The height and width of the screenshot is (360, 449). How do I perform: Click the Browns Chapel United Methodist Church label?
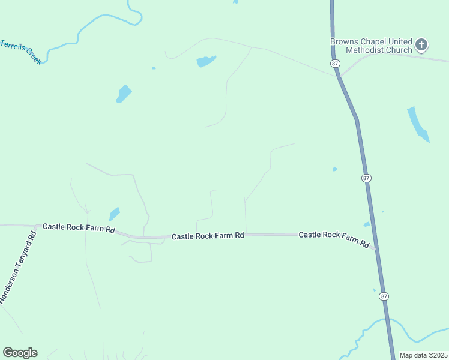click(x=371, y=46)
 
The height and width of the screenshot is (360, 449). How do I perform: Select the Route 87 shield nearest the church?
click(x=334, y=63)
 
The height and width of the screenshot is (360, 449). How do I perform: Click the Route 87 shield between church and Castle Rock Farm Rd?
click(x=366, y=178)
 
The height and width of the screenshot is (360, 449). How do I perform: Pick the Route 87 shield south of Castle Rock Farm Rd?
click(x=384, y=296)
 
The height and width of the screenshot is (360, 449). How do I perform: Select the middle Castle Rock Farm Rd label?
click(x=208, y=236)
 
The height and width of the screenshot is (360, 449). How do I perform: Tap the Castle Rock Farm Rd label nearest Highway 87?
click(x=334, y=238)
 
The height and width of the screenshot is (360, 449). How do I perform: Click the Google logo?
click(x=20, y=353)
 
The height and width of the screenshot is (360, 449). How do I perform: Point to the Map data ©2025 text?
click(x=423, y=355)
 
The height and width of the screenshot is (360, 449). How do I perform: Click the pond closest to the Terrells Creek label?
click(x=124, y=94)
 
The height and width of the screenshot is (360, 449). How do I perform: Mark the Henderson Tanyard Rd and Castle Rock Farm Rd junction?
click(x=37, y=227)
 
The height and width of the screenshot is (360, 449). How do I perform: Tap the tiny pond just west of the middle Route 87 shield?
click(x=334, y=169)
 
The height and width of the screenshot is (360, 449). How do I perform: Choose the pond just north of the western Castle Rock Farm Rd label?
click(x=114, y=214)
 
